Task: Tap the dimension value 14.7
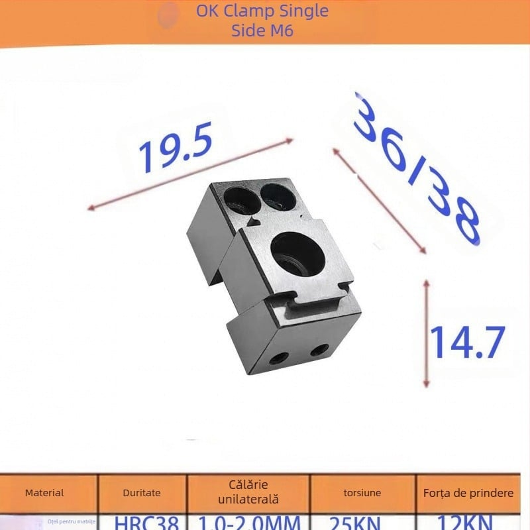[x=468, y=342]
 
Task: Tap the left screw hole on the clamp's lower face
[x=278, y=359]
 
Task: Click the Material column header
[x=44, y=493]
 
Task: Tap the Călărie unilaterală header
[x=248, y=492]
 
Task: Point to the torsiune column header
[x=362, y=493]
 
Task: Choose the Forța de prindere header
[x=468, y=493]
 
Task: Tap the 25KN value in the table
[x=362, y=523]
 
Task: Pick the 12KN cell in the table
[x=468, y=523]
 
